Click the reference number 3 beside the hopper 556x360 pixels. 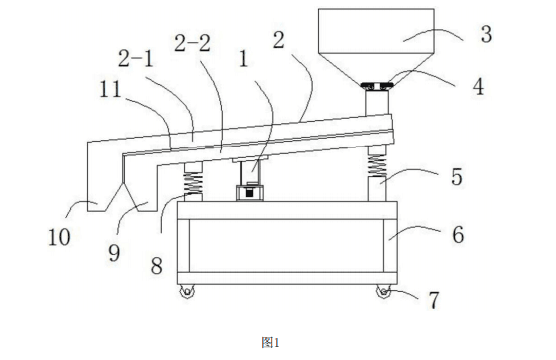(x=486, y=34)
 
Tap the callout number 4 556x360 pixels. (x=479, y=87)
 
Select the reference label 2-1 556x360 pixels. (x=135, y=58)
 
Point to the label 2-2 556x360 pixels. (x=193, y=43)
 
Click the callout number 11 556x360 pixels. (x=110, y=89)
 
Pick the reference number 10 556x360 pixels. (x=59, y=237)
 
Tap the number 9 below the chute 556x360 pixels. (x=114, y=253)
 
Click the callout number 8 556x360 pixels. (x=156, y=266)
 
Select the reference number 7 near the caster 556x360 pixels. (x=434, y=300)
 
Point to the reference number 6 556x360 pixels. (x=458, y=235)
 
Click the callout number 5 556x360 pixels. (x=457, y=177)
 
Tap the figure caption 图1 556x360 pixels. (x=271, y=343)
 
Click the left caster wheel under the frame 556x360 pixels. (x=187, y=292)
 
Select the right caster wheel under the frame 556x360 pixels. (x=383, y=292)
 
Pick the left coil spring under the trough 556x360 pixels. (x=193, y=183)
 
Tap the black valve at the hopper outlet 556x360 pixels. (x=377, y=85)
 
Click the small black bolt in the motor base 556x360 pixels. (x=250, y=193)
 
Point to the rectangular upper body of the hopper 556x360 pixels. (x=376, y=31)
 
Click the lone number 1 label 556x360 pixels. (x=243, y=59)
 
